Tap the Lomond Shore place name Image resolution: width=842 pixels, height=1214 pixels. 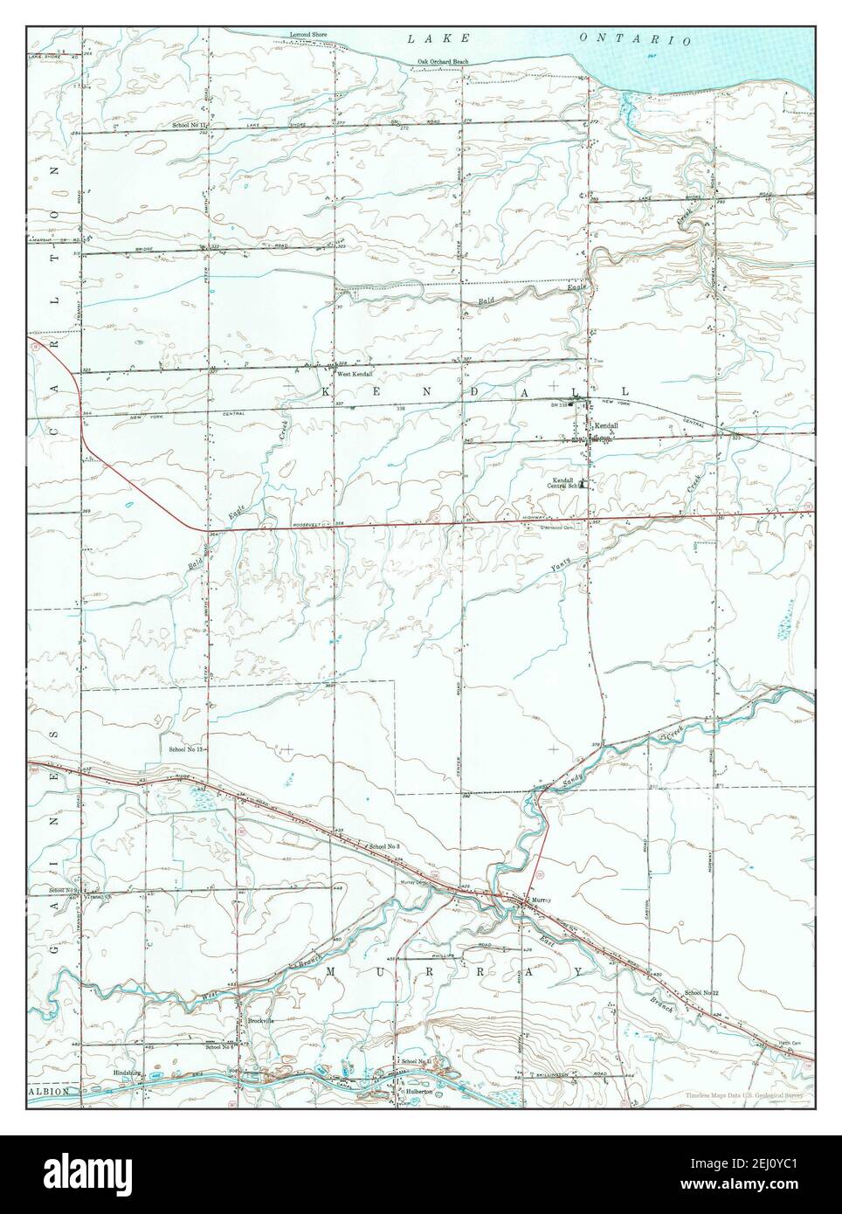[308, 37]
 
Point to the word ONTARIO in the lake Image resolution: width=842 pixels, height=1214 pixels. [636, 39]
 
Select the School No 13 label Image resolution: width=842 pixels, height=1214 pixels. [186, 749]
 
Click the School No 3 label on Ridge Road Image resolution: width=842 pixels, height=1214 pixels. [384, 847]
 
